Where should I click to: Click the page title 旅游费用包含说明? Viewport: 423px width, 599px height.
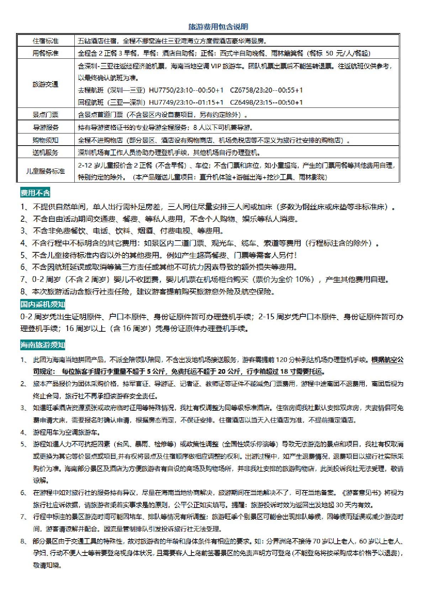point(218,27)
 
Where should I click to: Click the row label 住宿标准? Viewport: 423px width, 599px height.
point(46,41)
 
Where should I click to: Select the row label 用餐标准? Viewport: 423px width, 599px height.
point(46,53)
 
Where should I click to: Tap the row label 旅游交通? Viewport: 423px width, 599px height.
point(46,84)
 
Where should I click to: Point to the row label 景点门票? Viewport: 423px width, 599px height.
point(46,115)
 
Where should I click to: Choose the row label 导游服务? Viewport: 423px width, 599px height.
point(46,127)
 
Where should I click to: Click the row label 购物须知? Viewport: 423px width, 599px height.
point(46,140)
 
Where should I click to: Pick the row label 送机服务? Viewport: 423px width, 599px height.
point(46,153)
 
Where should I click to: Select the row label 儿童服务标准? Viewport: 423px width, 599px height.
point(46,171)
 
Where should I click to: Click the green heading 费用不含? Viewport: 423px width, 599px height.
point(35,193)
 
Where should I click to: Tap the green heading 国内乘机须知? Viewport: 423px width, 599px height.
point(43,304)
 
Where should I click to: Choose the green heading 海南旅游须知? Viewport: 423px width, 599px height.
point(43,345)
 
